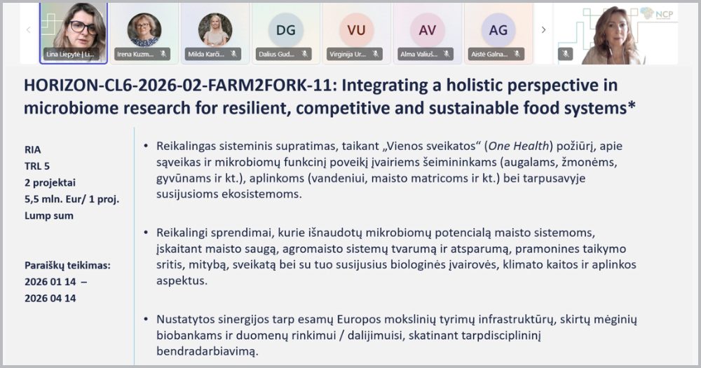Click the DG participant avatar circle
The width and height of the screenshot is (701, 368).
[286, 29]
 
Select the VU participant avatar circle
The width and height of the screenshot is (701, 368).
[356, 29]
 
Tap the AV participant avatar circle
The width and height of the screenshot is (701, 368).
[427, 29]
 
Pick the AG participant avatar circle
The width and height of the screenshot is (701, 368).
[498, 29]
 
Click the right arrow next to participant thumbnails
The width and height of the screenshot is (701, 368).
[543, 29]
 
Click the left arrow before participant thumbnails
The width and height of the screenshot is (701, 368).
[28, 29]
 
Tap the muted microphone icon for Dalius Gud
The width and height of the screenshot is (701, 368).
[305, 53]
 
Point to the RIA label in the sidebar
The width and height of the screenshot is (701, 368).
[32, 149]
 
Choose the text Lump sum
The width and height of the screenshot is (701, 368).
[48, 216]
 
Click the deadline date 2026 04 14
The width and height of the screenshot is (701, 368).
[50, 298]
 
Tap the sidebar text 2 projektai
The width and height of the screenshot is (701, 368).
[51, 182]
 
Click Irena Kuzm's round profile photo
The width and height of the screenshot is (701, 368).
[144, 29]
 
